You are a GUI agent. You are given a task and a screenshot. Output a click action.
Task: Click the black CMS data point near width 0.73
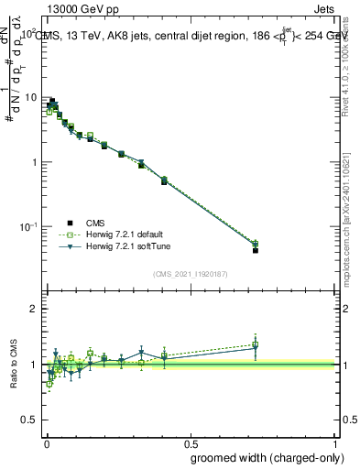(256, 249)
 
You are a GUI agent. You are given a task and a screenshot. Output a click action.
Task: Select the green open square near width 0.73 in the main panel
(256, 244)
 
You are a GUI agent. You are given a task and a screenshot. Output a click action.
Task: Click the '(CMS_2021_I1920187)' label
(190, 273)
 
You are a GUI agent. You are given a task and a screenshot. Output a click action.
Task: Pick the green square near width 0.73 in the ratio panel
(256, 344)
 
